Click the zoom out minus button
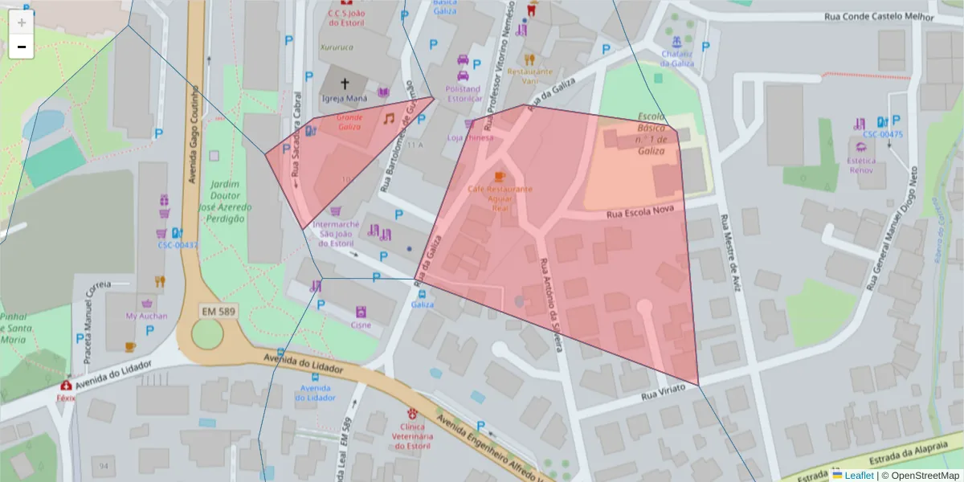click(x=22, y=47)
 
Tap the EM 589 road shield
click(x=219, y=310)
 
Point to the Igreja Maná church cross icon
click(x=345, y=84)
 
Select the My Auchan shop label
click(x=147, y=316)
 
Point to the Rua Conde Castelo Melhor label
click(x=879, y=17)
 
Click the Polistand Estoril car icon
click(x=464, y=60)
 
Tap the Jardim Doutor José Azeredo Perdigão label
click(x=225, y=201)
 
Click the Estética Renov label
click(x=861, y=165)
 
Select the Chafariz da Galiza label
click(x=677, y=59)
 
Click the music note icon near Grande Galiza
click(x=389, y=119)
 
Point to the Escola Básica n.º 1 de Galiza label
click(x=651, y=133)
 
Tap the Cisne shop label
click(x=361, y=325)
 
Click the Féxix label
click(x=64, y=398)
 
